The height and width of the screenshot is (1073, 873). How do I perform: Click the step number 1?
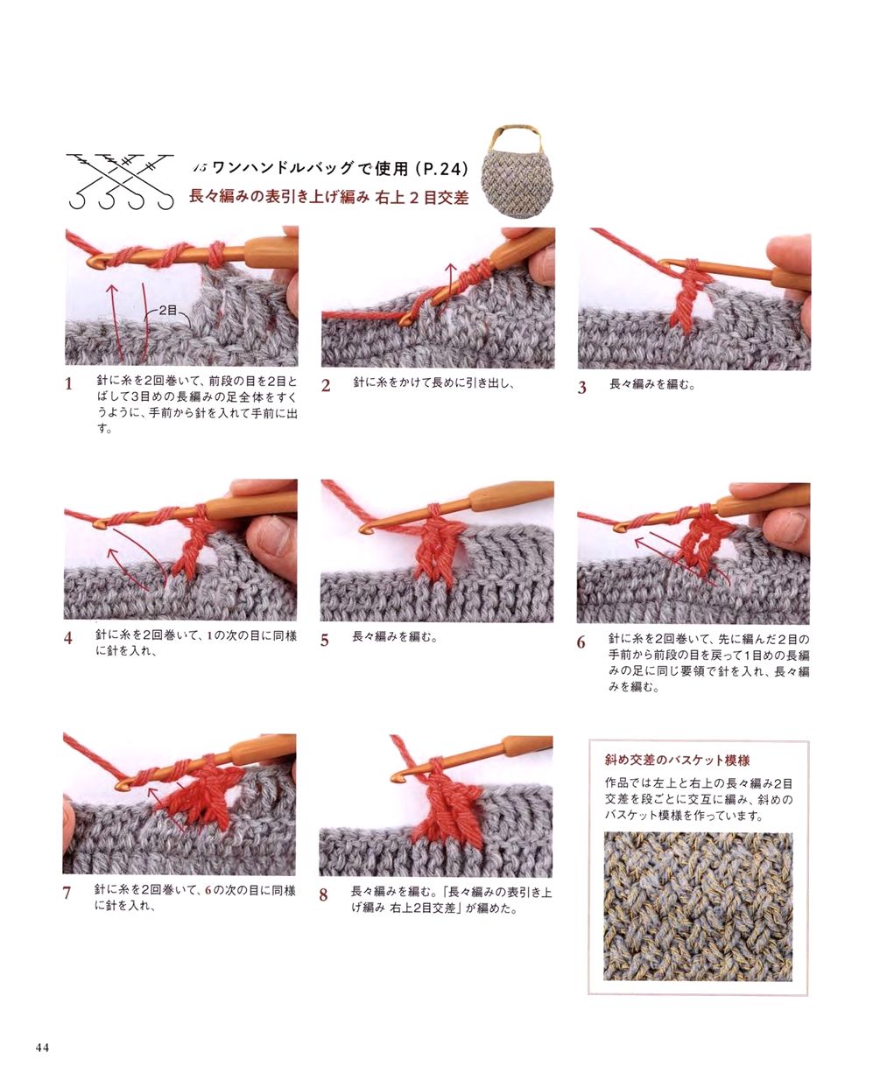[69, 384]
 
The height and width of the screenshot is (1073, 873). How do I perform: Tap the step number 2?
[326, 385]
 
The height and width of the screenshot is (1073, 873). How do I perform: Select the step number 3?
[582, 388]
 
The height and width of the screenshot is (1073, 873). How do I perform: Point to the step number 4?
[68, 638]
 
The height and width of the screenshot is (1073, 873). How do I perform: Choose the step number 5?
[325, 641]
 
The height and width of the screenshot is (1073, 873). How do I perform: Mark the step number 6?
[581, 642]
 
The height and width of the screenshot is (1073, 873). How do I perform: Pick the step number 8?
[324, 895]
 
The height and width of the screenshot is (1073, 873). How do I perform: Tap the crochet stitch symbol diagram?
[121, 181]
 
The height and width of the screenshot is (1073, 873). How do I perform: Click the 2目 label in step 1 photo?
[168, 311]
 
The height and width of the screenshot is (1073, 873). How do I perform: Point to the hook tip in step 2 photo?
[404, 320]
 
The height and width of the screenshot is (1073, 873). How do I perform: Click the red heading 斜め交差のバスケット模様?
[677, 761]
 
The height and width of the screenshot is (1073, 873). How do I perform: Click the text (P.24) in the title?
[441, 169]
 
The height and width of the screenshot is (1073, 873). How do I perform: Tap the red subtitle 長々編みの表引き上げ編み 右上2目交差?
[328, 197]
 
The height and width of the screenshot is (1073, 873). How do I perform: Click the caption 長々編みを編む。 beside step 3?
[652, 384]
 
